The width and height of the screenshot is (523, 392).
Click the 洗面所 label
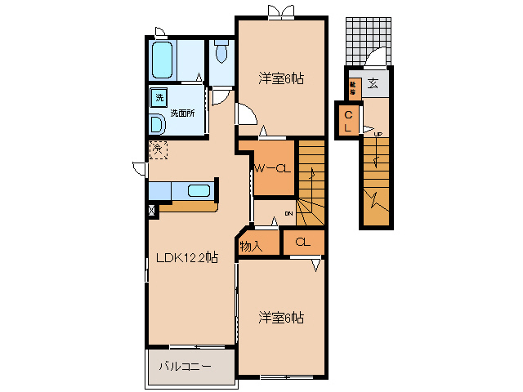coord(181,113)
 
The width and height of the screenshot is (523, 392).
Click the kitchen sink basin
coord(199,191)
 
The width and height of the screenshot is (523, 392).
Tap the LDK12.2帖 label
coord(187,257)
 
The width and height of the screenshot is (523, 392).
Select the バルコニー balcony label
coord(185,367)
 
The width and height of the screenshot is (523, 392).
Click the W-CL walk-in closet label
coord(271,169)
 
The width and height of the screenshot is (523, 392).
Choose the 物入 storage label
coord(250,244)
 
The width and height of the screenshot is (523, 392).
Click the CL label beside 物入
coord(302,242)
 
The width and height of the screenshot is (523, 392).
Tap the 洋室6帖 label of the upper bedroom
coord(281,78)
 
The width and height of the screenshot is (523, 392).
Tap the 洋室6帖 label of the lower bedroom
coord(281,317)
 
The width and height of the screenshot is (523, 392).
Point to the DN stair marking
coord(288,214)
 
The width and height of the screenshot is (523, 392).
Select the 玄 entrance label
coord(373,82)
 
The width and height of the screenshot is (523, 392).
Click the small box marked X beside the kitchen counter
coord(152,210)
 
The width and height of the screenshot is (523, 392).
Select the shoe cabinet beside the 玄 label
coord(354,85)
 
